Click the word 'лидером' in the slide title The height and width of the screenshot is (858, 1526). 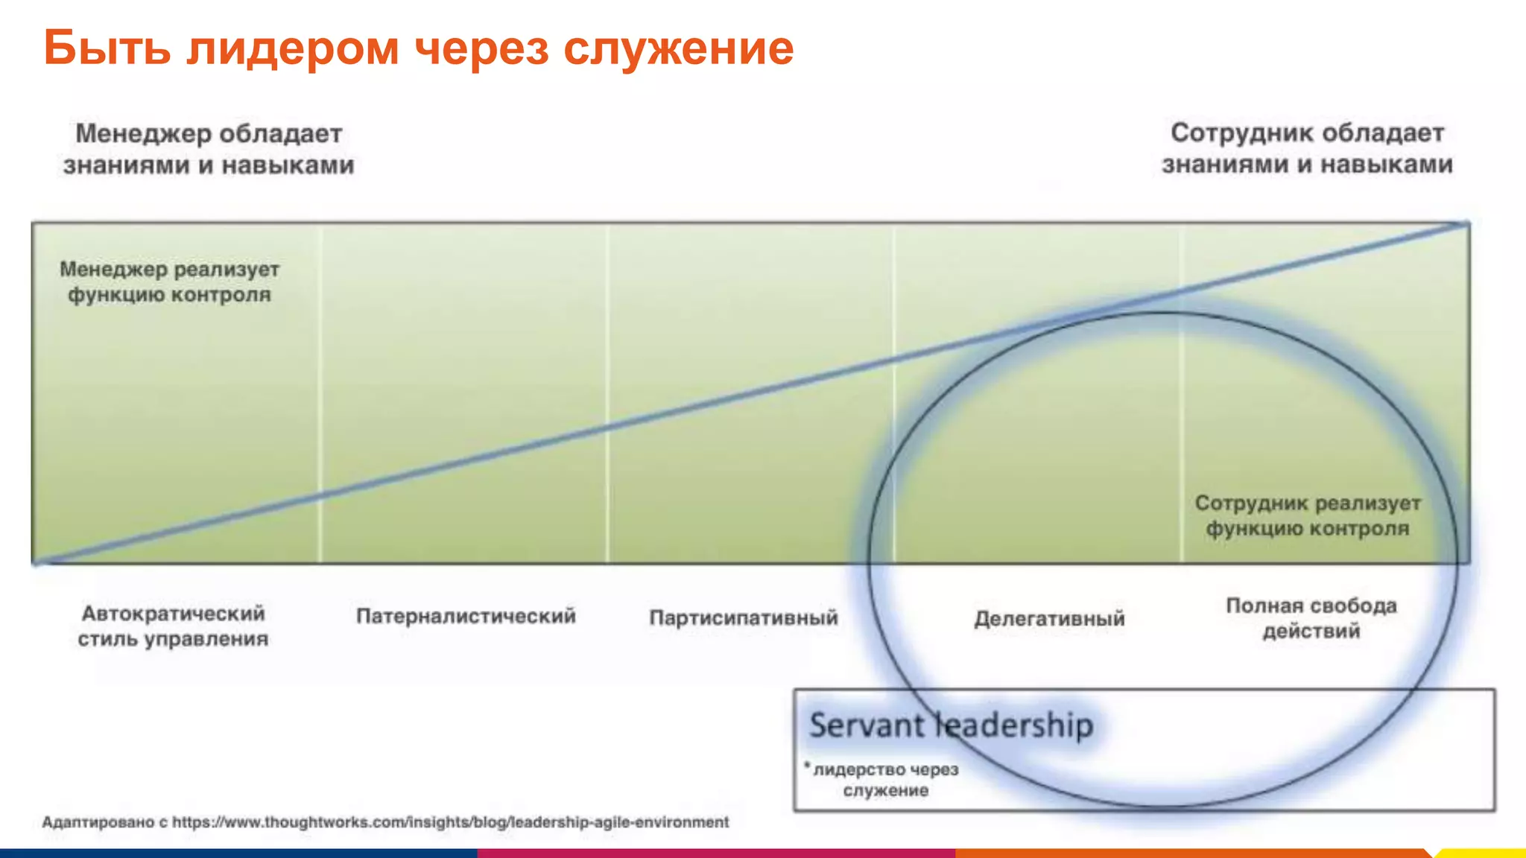pyautogui.click(x=293, y=48)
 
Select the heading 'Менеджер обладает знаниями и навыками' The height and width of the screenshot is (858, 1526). pyautogui.click(x=209, y=149)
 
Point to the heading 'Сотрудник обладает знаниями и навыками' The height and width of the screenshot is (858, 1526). pyautogui.click(x=1307, y=148)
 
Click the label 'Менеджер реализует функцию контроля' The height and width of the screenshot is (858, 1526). pyautogui.click(x=170, y=282)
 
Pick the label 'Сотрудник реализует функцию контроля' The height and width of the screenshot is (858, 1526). pyautogui.click(x=1308, y=515)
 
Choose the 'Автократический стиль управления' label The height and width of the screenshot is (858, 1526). pyautogui.click(x=173, y=626)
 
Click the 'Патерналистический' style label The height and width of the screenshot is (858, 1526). pyautogui.click(x=466, y=616)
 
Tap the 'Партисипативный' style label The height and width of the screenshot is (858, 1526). pyautogui.click(x=744, y=617)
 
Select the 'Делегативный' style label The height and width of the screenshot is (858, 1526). pyautogui.click(x=1049, y=618)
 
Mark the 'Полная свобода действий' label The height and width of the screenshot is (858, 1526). pyautogui.click(x=1311, y=618)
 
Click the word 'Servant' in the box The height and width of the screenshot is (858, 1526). pyautogui.click(x=866, y=725)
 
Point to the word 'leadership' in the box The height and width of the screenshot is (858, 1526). pyautogui.click(x=1015, y=725)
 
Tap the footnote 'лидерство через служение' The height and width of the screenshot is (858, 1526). pyautogui.click(x=885, y=779)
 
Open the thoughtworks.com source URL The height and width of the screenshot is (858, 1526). pyautogui.click(x=450, y=822)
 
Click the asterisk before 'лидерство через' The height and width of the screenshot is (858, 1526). pyautogui.click(x=807, y=765)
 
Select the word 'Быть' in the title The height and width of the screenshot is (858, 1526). pyautogui.click(x=107, y=48)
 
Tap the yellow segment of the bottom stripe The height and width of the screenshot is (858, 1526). pyautogui.click(x=1483, y=854)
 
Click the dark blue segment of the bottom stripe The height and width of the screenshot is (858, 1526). pyautogui.click(x=238, y=854)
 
